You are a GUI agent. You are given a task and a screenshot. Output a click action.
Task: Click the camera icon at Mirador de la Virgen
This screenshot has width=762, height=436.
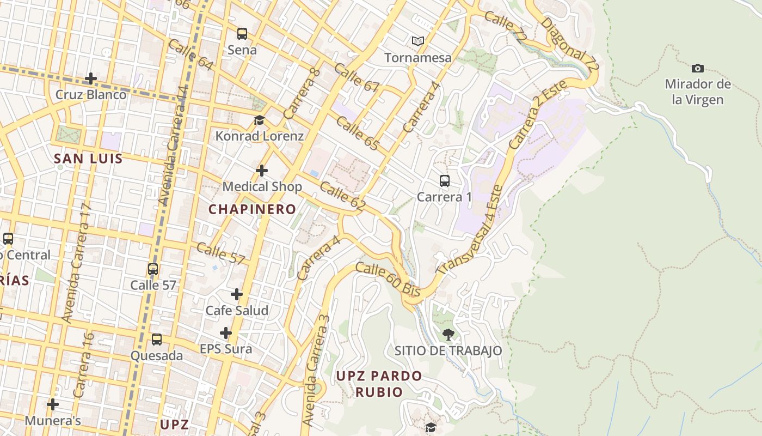coord(697,68)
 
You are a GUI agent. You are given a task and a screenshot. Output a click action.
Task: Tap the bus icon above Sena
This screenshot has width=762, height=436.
coord(242,34)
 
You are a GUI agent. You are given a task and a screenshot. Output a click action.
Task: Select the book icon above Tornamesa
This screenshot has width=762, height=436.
coord(418,41)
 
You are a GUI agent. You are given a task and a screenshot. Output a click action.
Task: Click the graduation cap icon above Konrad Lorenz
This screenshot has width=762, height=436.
coord(259,120)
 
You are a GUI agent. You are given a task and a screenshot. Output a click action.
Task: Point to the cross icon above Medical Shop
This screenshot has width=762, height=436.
coord(262,171)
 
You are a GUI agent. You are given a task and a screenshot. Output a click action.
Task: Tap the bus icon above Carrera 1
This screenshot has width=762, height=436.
coord(444,181)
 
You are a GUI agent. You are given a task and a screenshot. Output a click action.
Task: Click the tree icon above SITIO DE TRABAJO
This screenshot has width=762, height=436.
coord(448,334)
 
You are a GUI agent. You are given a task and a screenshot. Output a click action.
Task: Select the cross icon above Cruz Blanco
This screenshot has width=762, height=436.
coord(91,78)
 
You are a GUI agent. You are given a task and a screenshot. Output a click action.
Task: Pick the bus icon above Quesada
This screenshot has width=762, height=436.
coord(157,340)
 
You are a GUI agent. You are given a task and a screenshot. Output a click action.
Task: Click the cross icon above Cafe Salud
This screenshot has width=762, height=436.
coord(237,294)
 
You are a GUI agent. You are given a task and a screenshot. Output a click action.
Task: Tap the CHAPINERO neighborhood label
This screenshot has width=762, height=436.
coord(253,209)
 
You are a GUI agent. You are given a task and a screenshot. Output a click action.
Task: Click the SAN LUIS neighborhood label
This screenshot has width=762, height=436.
coord(88,159)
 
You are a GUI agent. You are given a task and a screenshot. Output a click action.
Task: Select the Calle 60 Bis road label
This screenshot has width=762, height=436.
coord(388,279)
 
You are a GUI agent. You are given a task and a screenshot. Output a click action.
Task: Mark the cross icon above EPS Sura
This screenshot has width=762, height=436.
coord(226,333)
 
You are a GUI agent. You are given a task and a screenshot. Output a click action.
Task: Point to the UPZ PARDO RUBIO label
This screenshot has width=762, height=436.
coord(379,384)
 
